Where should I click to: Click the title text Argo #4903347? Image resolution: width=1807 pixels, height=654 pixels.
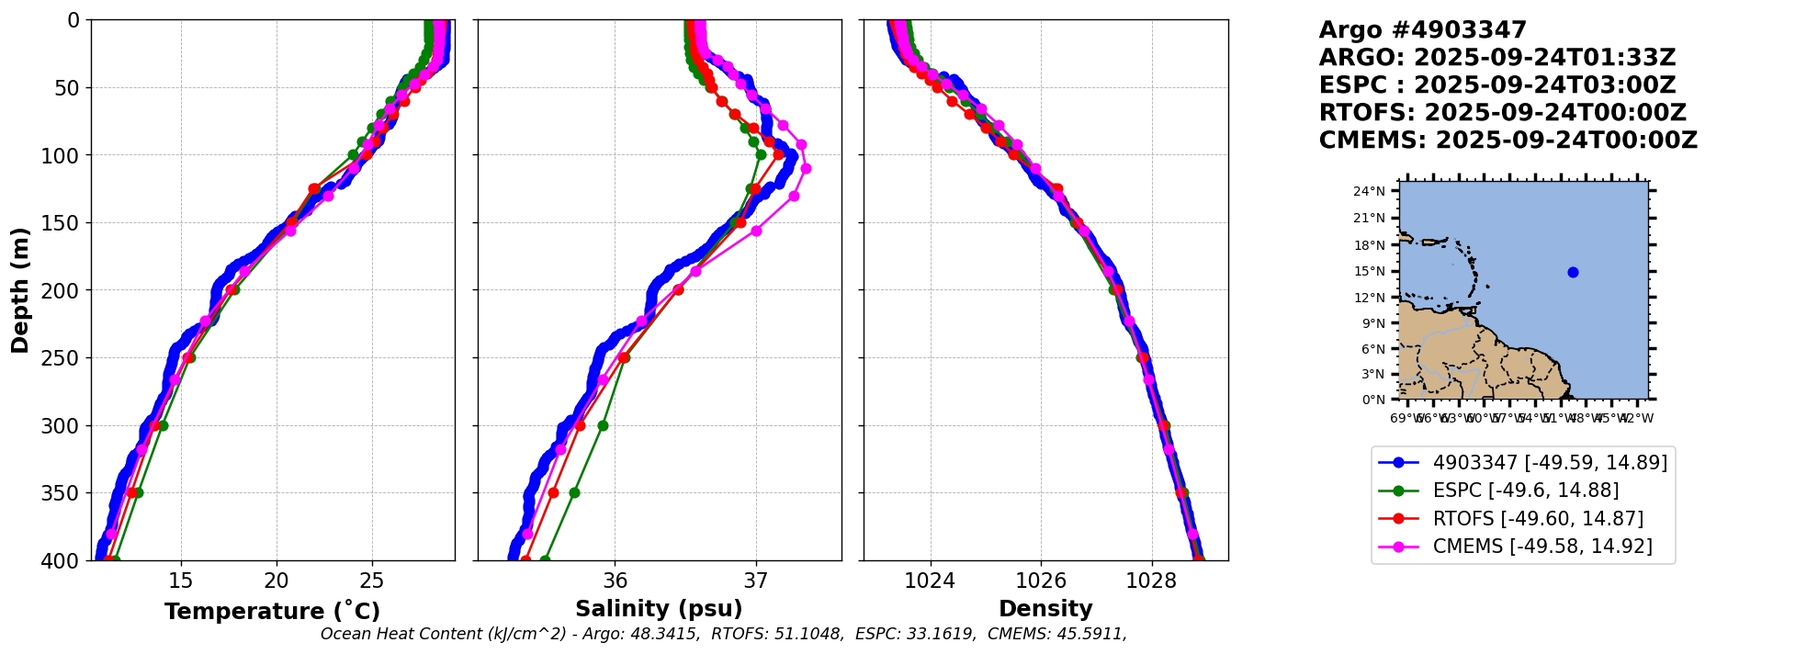point(1422,30)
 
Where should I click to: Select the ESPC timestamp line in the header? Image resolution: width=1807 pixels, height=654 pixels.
point(1497,85)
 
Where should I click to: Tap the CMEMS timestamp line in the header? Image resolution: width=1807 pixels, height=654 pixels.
point(1508,141)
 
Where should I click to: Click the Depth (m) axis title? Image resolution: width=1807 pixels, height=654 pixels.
point(19,289)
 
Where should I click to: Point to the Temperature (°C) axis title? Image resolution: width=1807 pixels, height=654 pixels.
point(272,611)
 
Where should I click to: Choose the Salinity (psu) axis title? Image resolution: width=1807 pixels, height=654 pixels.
point(659,609)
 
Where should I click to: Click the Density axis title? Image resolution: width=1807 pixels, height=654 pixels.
point(1045,609)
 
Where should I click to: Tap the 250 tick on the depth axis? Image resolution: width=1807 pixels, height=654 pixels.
point(65,358)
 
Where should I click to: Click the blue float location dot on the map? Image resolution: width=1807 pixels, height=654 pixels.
point(1573,272)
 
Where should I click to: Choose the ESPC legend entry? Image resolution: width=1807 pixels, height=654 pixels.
point(1526,490)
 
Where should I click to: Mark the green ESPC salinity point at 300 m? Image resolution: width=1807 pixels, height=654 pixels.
point(603,425)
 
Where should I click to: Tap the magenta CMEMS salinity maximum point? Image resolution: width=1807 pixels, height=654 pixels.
point(806,168)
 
